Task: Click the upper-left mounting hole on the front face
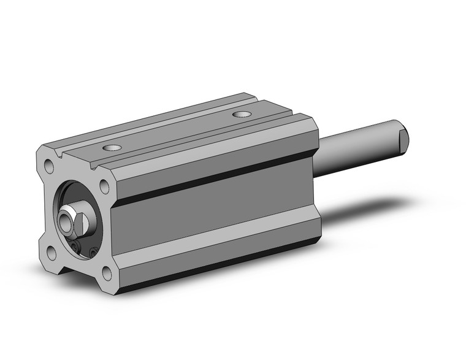[x=48, y=164]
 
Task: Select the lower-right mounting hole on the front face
[x=108, y=273]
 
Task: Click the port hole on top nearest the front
[x=111, y=148]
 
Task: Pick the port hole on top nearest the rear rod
[x=242, y=114]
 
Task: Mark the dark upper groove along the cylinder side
[x=215, y=178]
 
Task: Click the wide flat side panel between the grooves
[x=215, y=215]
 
